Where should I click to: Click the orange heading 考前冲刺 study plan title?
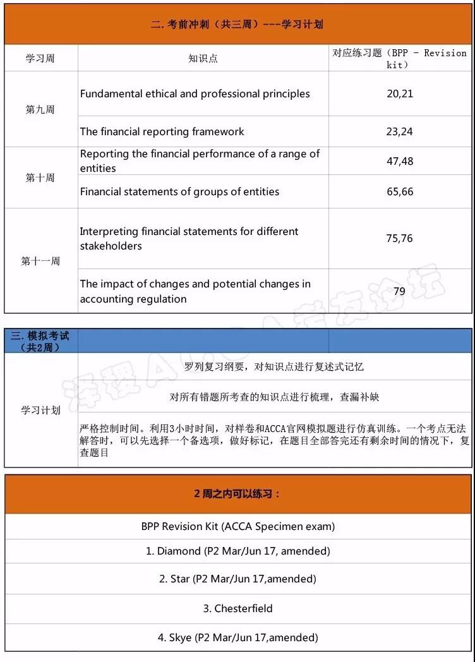[x=237, y=25]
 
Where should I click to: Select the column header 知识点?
[x=203, y=58]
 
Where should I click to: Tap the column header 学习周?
[x=40, y=58]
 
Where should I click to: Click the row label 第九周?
[x=40, y=109]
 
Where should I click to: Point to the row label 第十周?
[x=40, y=178]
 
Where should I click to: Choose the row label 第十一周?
[x=40, y=261]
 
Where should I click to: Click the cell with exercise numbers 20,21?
[x=400, y=93]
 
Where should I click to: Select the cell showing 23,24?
[x=400, y=131]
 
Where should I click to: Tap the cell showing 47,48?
[x=400, y=161]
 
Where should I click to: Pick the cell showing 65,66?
[x=400, y=191]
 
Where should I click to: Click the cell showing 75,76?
[x=400, y=238]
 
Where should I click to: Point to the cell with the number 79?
[x=400, y=291]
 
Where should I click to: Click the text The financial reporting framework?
[x=162, y=131]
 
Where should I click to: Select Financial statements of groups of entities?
[x=179, y=191]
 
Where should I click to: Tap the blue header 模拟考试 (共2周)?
[x=40, y=341]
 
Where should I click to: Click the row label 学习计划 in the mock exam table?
[x=40, y=410]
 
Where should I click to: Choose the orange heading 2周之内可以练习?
[x=237, y=494]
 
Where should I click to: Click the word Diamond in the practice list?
[x=179, y=551]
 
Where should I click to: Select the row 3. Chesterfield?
[x=237, y=608]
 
